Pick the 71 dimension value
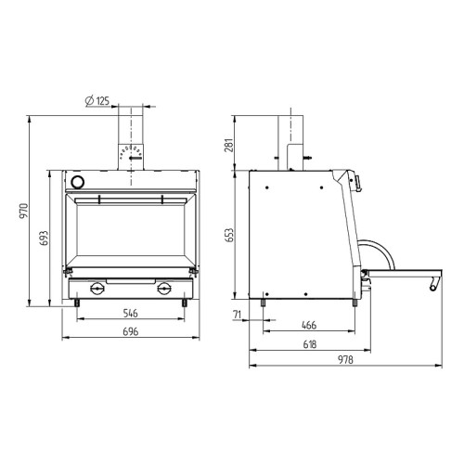pos(238,316)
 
